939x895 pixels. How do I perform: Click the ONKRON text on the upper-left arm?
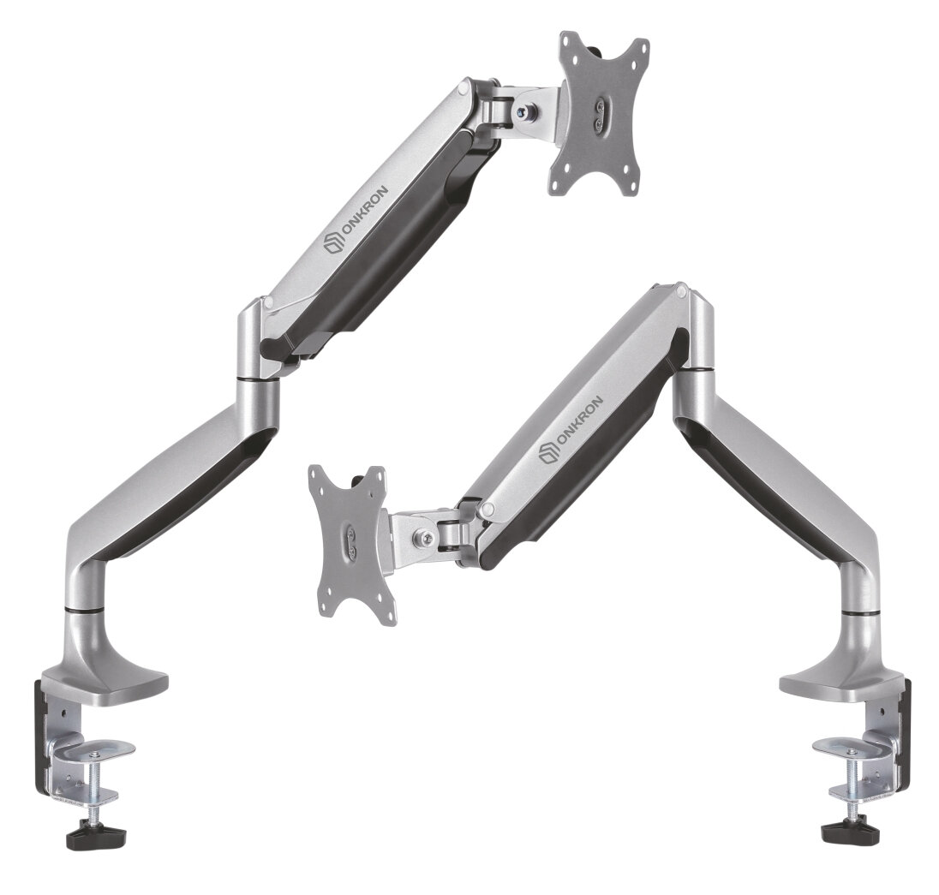pyautogui.click(x=364, y=212)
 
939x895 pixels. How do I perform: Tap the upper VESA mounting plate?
pyautogui.click(x=599, y=112)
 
